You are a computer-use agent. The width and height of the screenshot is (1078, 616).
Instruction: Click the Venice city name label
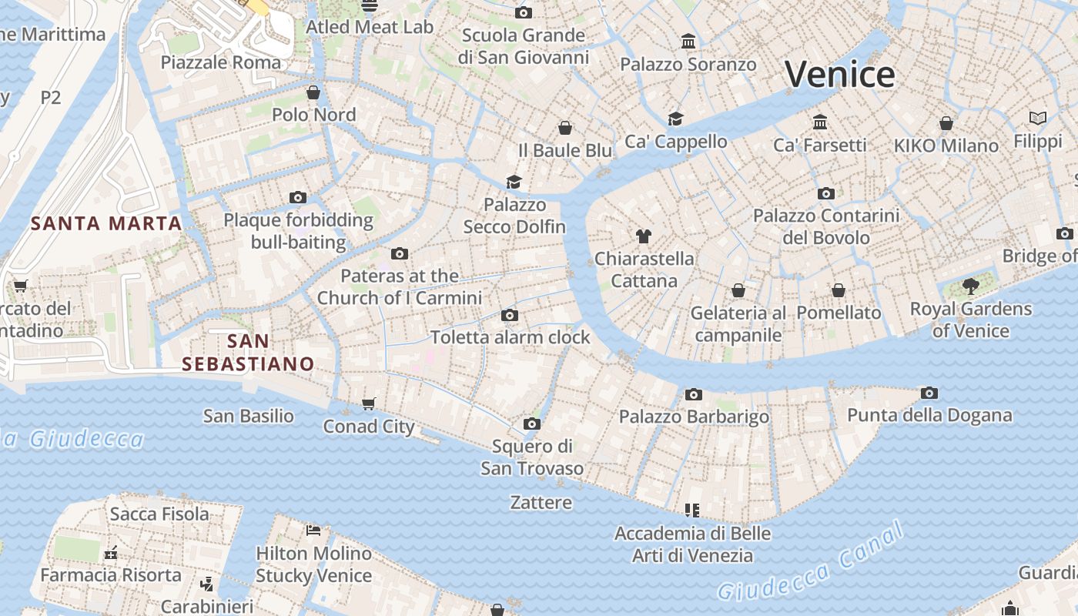click(839, 75)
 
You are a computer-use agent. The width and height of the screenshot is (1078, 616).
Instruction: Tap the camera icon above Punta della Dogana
click(929, 393)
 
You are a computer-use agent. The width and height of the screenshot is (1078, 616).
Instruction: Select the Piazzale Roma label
click(221, 62)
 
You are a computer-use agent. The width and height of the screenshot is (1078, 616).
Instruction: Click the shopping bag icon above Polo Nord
click(313, 93)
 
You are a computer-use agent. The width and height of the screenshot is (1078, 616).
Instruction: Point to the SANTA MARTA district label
click(106, 224)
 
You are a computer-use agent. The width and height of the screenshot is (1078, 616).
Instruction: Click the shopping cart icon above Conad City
click(369, 404)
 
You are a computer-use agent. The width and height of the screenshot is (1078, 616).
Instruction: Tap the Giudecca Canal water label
click(809, 561)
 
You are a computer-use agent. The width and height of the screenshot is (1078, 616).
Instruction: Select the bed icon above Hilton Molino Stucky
click(313, 531)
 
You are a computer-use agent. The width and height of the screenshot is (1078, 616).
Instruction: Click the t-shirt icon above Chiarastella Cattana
click(644, 236)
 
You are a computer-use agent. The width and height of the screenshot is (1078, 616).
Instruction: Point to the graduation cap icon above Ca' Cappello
click(675, 119)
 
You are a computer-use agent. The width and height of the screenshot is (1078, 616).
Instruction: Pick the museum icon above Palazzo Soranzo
click(688, 42)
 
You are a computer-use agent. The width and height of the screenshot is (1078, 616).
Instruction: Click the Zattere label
click(541, 503)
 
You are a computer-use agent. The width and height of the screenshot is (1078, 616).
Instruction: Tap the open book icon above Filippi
click(1038, 119)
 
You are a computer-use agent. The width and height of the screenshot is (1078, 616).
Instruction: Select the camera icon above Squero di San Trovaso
click(531, 424)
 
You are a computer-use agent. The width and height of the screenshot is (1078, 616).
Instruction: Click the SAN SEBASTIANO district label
click(248, 353)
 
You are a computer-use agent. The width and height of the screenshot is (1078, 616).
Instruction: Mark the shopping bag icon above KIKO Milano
click(946, 123)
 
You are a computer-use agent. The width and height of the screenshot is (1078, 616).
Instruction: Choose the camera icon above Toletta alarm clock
click(509, 315)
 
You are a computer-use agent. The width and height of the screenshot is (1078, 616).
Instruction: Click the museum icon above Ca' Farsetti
click(820, 122)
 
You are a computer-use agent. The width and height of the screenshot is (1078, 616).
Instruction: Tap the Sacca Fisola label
click(159, 514)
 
